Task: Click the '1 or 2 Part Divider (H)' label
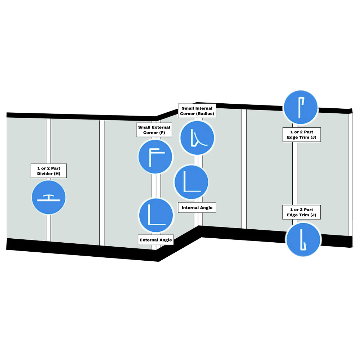coord(49,171)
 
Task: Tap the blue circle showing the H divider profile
coord(49,197)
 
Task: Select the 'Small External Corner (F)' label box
coord(154,130)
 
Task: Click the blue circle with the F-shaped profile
coord(156,157)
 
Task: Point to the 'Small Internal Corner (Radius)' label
coord(197,111)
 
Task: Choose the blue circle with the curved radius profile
coord(197,138)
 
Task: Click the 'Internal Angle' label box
coord(197,208)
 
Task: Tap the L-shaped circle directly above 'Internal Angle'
coord(192,182)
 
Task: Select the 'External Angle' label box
coord(156,240)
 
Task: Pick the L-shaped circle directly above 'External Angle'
coord(156,215)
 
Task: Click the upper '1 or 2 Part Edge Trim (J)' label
coord(302,135)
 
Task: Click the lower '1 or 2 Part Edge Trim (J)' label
coord(301,212)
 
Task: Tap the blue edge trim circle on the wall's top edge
coord(301,107)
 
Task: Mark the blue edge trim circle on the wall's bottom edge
coord(303,240)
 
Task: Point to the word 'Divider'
coord(45,174)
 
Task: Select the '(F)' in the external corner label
coord(162,133)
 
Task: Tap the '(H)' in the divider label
coord(57,174)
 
